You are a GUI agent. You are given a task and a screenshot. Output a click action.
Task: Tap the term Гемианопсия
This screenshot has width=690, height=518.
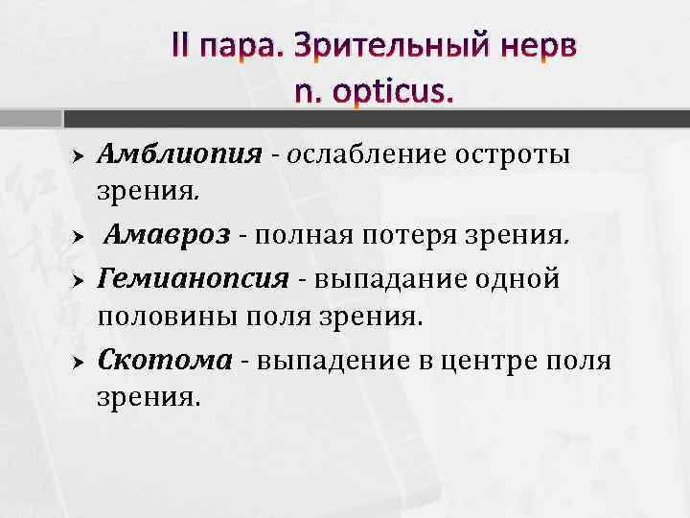193,279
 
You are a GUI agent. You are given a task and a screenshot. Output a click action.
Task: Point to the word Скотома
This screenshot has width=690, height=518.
165,360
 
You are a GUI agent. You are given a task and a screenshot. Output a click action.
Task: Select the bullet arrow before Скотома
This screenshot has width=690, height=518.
80,361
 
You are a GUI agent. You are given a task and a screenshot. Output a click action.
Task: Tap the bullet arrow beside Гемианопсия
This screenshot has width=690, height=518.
80,280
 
